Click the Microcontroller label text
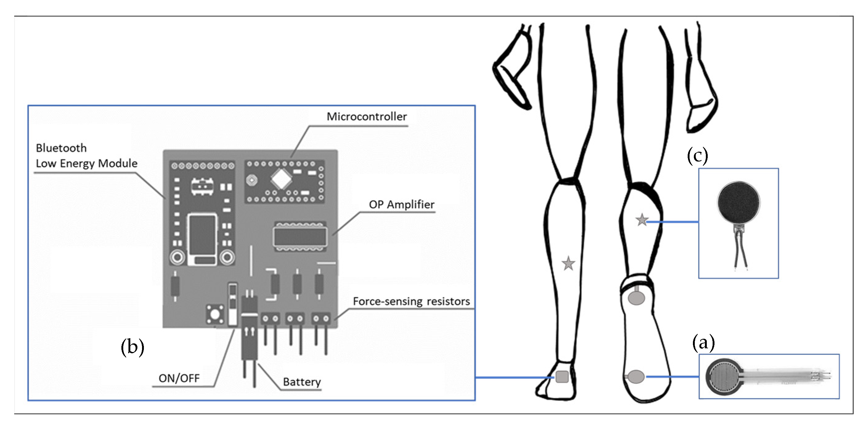(367, 117)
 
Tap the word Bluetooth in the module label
(61, 148)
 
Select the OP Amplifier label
(401, 204)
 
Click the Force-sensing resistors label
(411, 301)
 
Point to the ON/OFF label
(179, 378)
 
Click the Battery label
(302, 382)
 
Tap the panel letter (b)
(132, 347)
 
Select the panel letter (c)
(697, 156)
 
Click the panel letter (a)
(703, 343)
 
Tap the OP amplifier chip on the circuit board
(300, 236)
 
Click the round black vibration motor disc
(739, 203)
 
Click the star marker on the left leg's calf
(568, 264)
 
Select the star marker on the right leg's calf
(642, 220)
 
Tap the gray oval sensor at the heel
(636, 298)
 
